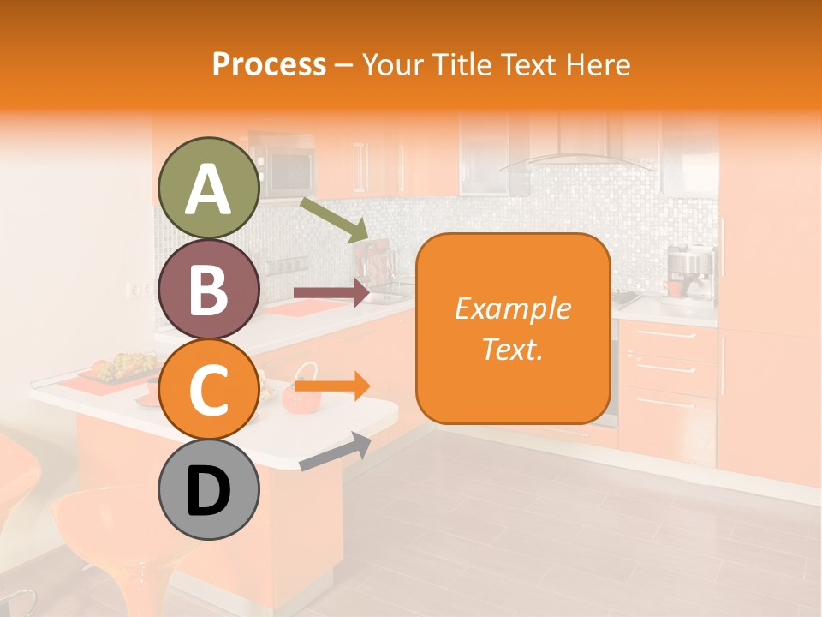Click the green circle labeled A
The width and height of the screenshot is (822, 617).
[x=208, y=188]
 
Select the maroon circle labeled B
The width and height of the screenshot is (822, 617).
[x=208, y=289]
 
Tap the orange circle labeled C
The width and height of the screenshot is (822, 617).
[x=208, y=390]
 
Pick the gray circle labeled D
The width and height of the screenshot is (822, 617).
[x=208, y=490]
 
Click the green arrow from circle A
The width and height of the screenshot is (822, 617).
[x=334, y=220]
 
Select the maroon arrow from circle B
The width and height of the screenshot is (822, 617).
[x=331, y=293]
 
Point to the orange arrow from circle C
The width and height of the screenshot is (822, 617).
[x=331, y=386]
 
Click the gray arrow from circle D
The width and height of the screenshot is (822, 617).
[x=335, y=452]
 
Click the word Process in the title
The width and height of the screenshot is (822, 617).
[x=269, y=64]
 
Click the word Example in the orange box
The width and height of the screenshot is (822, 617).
[x=513, y=308]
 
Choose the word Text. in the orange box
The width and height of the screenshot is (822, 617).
[x=513, y=350]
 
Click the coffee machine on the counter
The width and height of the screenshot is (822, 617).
[x=690, y=273]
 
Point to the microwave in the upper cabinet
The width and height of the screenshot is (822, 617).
[x=288, y=171]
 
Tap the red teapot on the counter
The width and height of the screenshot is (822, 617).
[x=301, y=392]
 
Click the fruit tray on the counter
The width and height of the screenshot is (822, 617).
[x=120, y=368]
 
